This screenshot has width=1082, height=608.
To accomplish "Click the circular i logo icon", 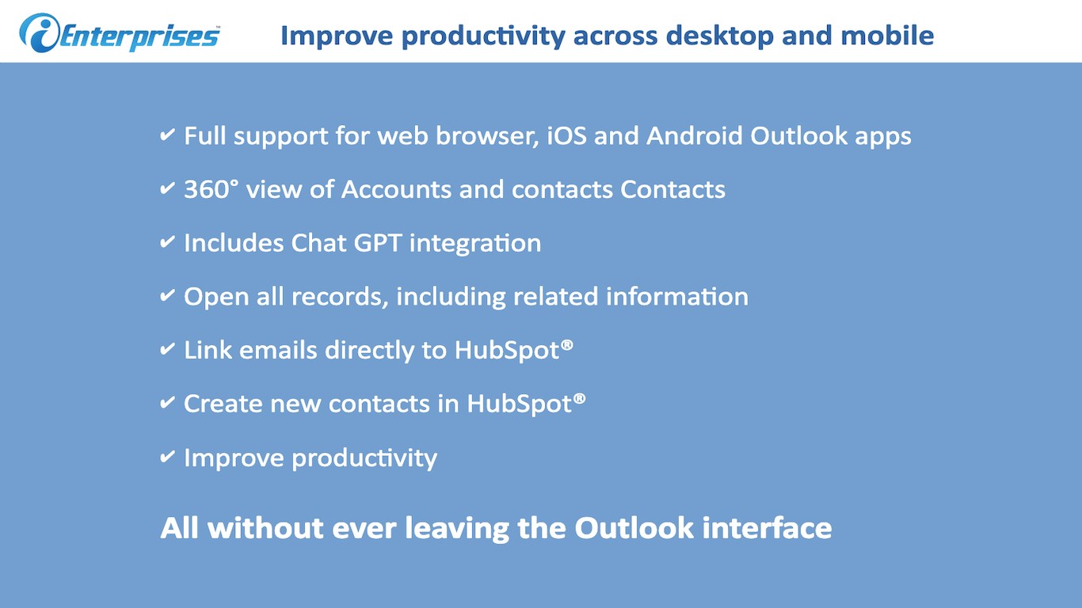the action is click(x=40, y=32).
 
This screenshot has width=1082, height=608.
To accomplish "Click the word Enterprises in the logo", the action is click(x=140, y=36).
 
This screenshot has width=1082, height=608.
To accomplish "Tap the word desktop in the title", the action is click(x=719, y=36).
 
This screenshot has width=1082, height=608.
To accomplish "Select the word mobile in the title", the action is click(x=887, y=36).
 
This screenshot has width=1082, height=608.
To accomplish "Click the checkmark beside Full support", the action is click(x=167, y=135).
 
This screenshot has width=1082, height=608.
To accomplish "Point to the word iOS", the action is click(x=566, y=135).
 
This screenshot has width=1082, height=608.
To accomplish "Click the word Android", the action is click(x=695, y=135).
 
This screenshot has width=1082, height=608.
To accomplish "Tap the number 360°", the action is click(x=211, y=189).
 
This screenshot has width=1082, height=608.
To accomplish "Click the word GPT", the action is click(x=378, y=242).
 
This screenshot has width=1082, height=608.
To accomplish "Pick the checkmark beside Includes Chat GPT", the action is click(x=167, y=241).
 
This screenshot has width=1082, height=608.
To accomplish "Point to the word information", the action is click(x=677, y=297).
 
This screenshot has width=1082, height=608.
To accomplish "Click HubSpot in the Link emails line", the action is click(x=507, y=350).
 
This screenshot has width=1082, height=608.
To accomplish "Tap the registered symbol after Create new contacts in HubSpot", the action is click(x=580, y=399).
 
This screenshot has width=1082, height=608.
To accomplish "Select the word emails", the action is click(x=278, y=350).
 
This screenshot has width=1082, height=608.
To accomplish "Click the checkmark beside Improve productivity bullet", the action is click(x=167, y=456).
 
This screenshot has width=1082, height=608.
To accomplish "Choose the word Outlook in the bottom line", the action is click(x=634, y=527).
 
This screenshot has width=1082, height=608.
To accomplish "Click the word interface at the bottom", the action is click(x=767, y=527).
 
